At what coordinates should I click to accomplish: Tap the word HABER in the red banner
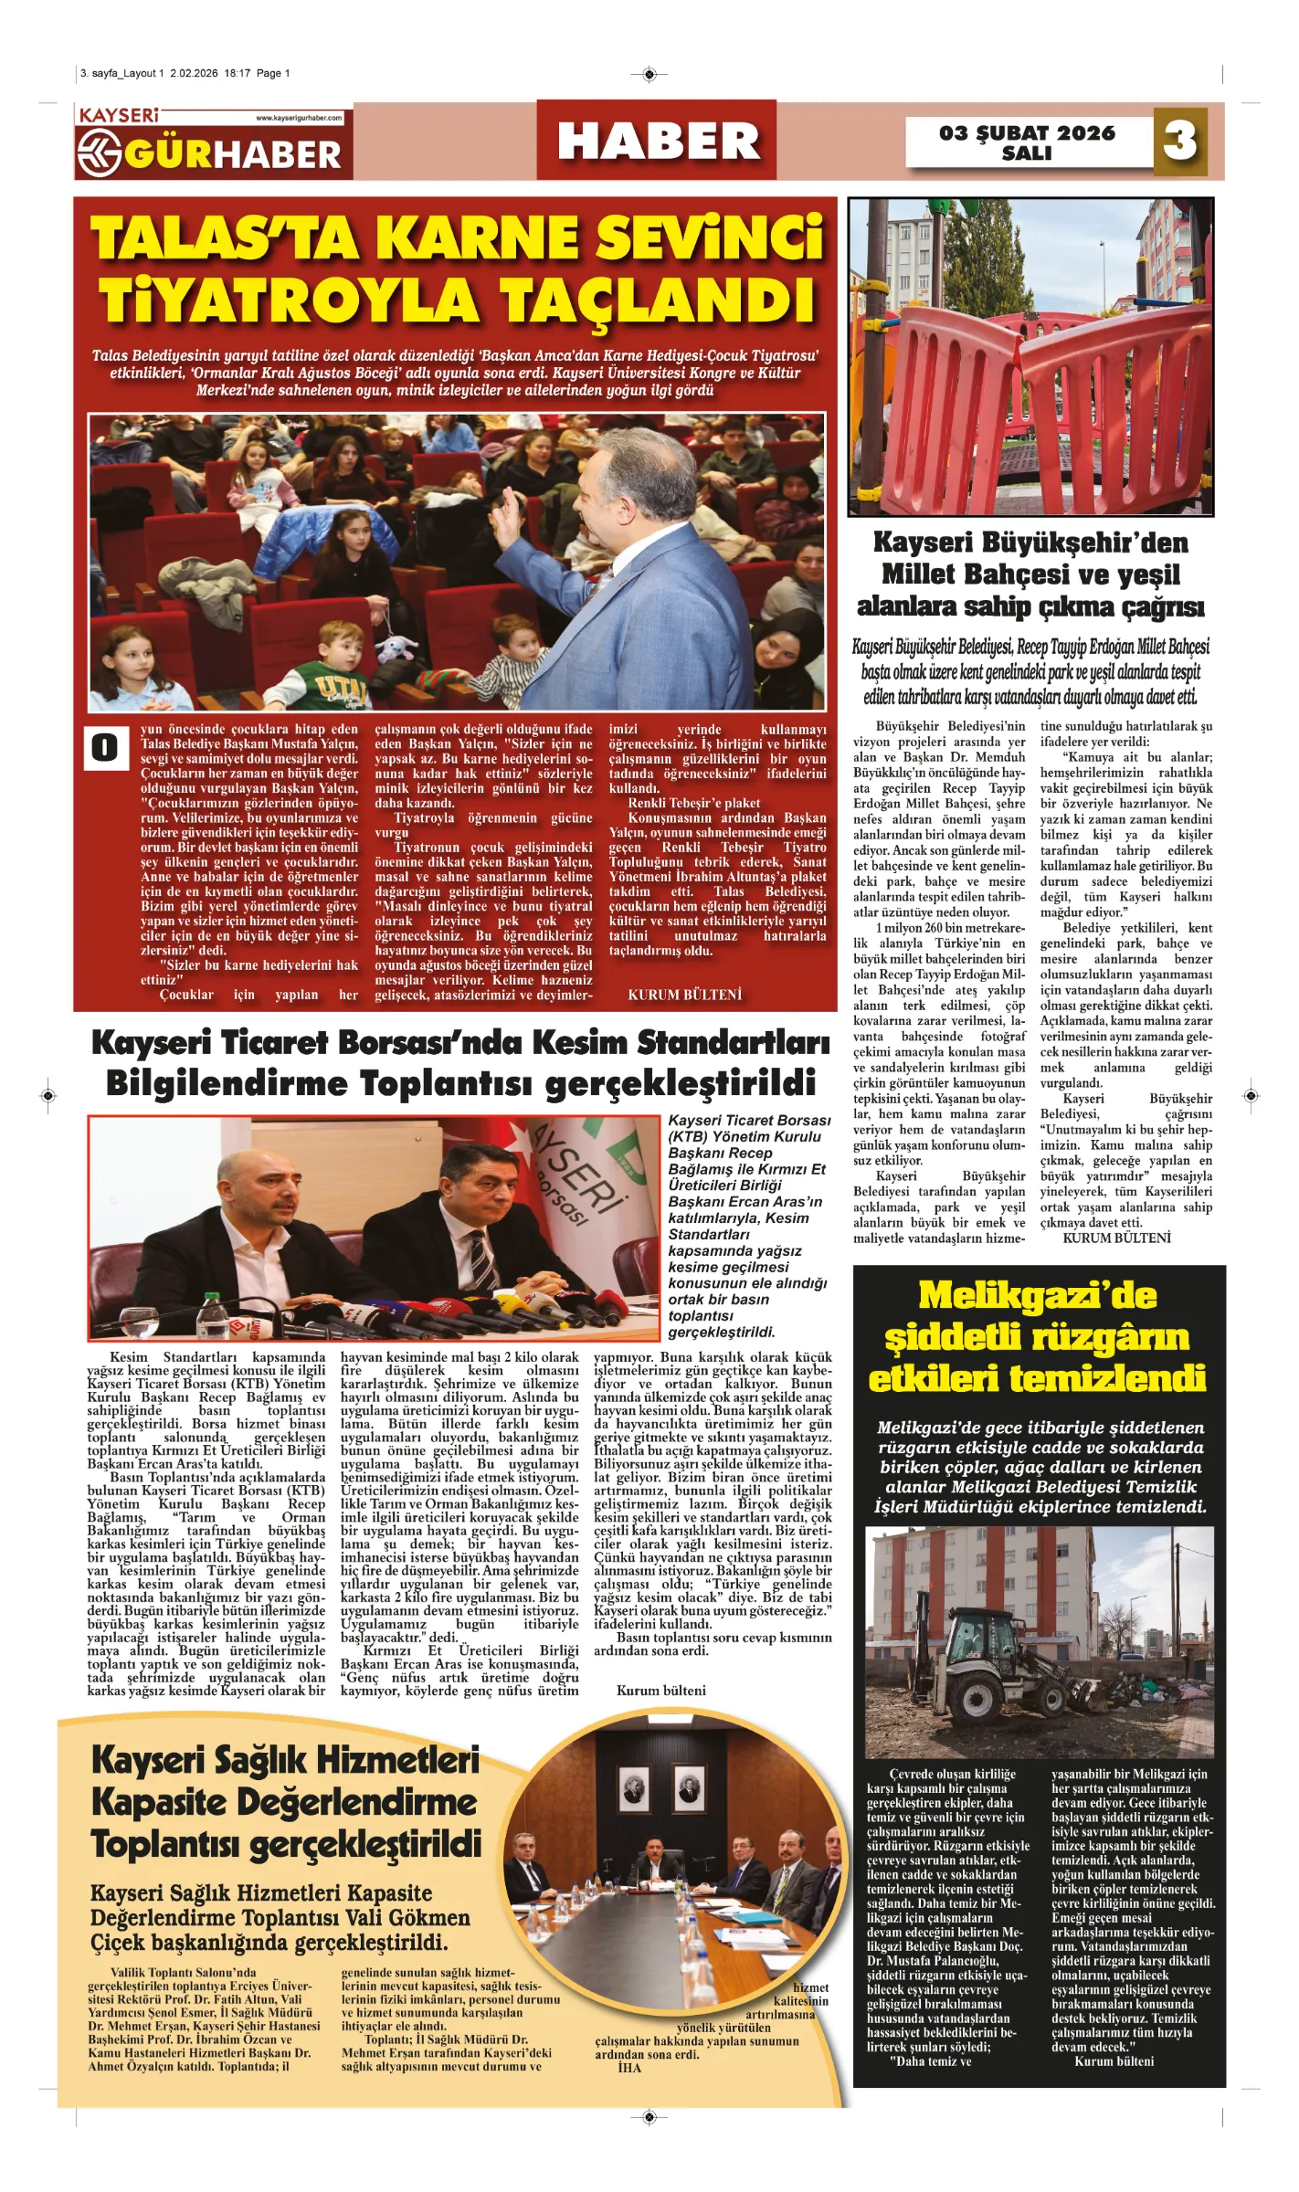point(658,142)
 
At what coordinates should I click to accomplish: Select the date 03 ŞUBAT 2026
point(1027,132)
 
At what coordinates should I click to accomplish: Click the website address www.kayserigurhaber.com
point(299,118)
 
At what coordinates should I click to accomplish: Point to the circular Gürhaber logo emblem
point(100,153)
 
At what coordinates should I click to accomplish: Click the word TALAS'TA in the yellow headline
point(227,239)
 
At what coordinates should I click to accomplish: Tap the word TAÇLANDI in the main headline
point(658,300)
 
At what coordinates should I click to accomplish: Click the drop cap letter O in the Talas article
point(104,747)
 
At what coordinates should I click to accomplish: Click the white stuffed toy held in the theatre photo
point(395,647)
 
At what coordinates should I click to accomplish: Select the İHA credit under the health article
point(629,2068)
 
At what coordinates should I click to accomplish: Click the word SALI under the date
point(1027,153)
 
